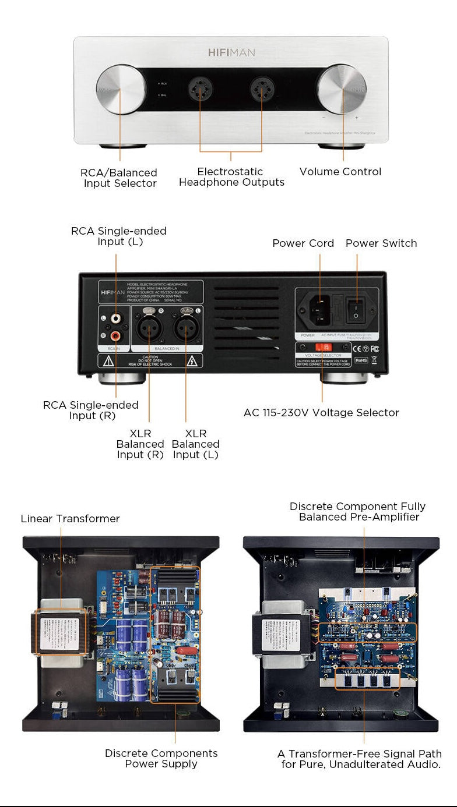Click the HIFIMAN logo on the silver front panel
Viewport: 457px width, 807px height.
pyautogui.click(x=231, y=52)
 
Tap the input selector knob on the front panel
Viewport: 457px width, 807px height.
pyautogui.click(x=121, y=89)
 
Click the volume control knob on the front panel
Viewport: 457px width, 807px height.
pyautogui.click(x=342, y=89)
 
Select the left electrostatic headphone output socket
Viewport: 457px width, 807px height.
pyautogui.click(x=200, y=90)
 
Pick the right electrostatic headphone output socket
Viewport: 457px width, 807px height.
pyautogui.click(x=262, y=90)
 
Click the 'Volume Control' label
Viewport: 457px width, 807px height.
pyautogui.click(x=340, y=172)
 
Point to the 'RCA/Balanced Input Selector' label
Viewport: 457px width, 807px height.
pyautogui.click(x=119, y=178)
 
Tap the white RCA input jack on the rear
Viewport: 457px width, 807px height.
pyautogui.click(x=115, y=318)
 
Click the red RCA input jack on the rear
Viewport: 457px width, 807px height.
pyautogui.click(x=115, y=335)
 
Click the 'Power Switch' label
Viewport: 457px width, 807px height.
pyautogui.click(x=381, y=243)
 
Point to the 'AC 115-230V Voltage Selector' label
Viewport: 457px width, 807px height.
pyautogui.click(x=321, y=413)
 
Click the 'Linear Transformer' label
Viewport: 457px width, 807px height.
pyautogui.click(x=70, y=519)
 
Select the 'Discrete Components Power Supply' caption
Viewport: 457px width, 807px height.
pyautogui.click(x=161, y=759)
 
